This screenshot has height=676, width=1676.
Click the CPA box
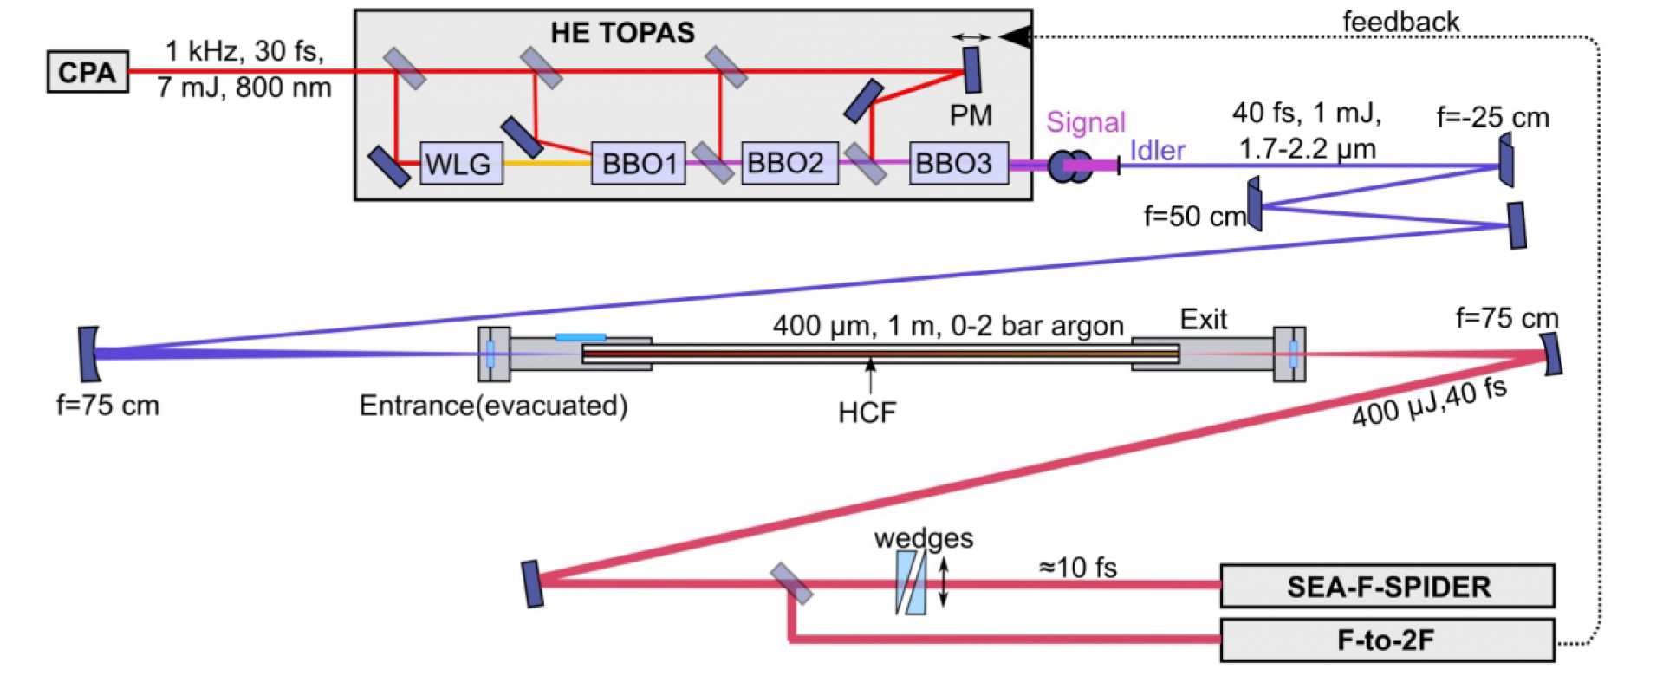88,72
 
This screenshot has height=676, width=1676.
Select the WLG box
461,163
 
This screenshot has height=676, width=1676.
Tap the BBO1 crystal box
638,163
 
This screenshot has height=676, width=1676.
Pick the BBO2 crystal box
789,163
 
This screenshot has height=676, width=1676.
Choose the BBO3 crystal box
958,163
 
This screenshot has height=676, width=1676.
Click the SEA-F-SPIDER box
1387,587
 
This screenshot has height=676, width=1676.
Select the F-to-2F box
1387,640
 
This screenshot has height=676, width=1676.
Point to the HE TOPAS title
622,33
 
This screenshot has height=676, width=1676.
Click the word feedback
1400,22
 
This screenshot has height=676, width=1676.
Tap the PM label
971,115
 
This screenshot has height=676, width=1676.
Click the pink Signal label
1085,122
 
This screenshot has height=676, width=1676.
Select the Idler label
1157,151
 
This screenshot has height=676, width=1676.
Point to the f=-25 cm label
1492,117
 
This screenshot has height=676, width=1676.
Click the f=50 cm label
1194,217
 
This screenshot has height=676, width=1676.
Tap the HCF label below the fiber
867,413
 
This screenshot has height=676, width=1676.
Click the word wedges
924,538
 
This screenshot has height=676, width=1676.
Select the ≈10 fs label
1077,569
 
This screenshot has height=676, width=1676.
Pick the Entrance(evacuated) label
493,405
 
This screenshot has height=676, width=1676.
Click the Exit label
1204,320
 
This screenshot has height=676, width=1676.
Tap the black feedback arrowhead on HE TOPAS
1016,36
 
